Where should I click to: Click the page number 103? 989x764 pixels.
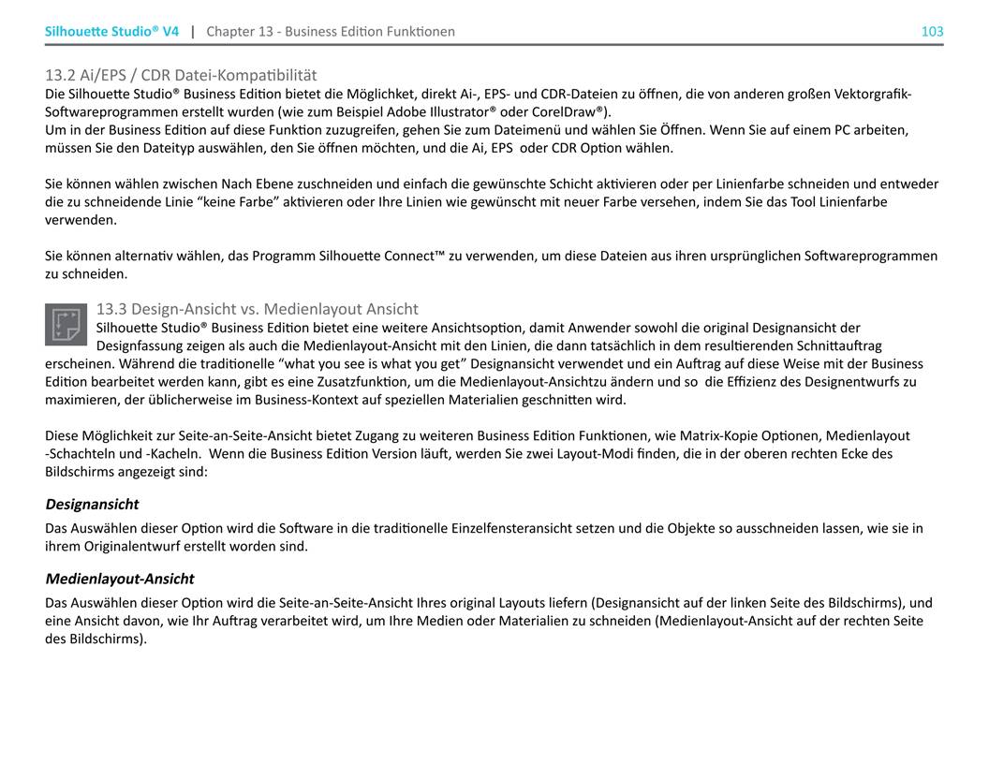tap(932, 31)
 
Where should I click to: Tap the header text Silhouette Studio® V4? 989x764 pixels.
tap(111, 31)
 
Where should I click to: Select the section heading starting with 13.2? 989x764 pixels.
tap(181, 75)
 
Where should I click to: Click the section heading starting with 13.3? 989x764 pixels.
tap(258, 309)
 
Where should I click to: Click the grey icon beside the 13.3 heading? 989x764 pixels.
tap(66, 324)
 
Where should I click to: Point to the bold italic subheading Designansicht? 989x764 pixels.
tap(92, 504)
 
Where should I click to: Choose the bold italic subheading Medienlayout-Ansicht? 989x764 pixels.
tap(120, 579)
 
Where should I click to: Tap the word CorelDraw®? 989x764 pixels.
tap(570, 111)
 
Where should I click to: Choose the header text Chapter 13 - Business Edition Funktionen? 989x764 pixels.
tap(331, 31)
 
